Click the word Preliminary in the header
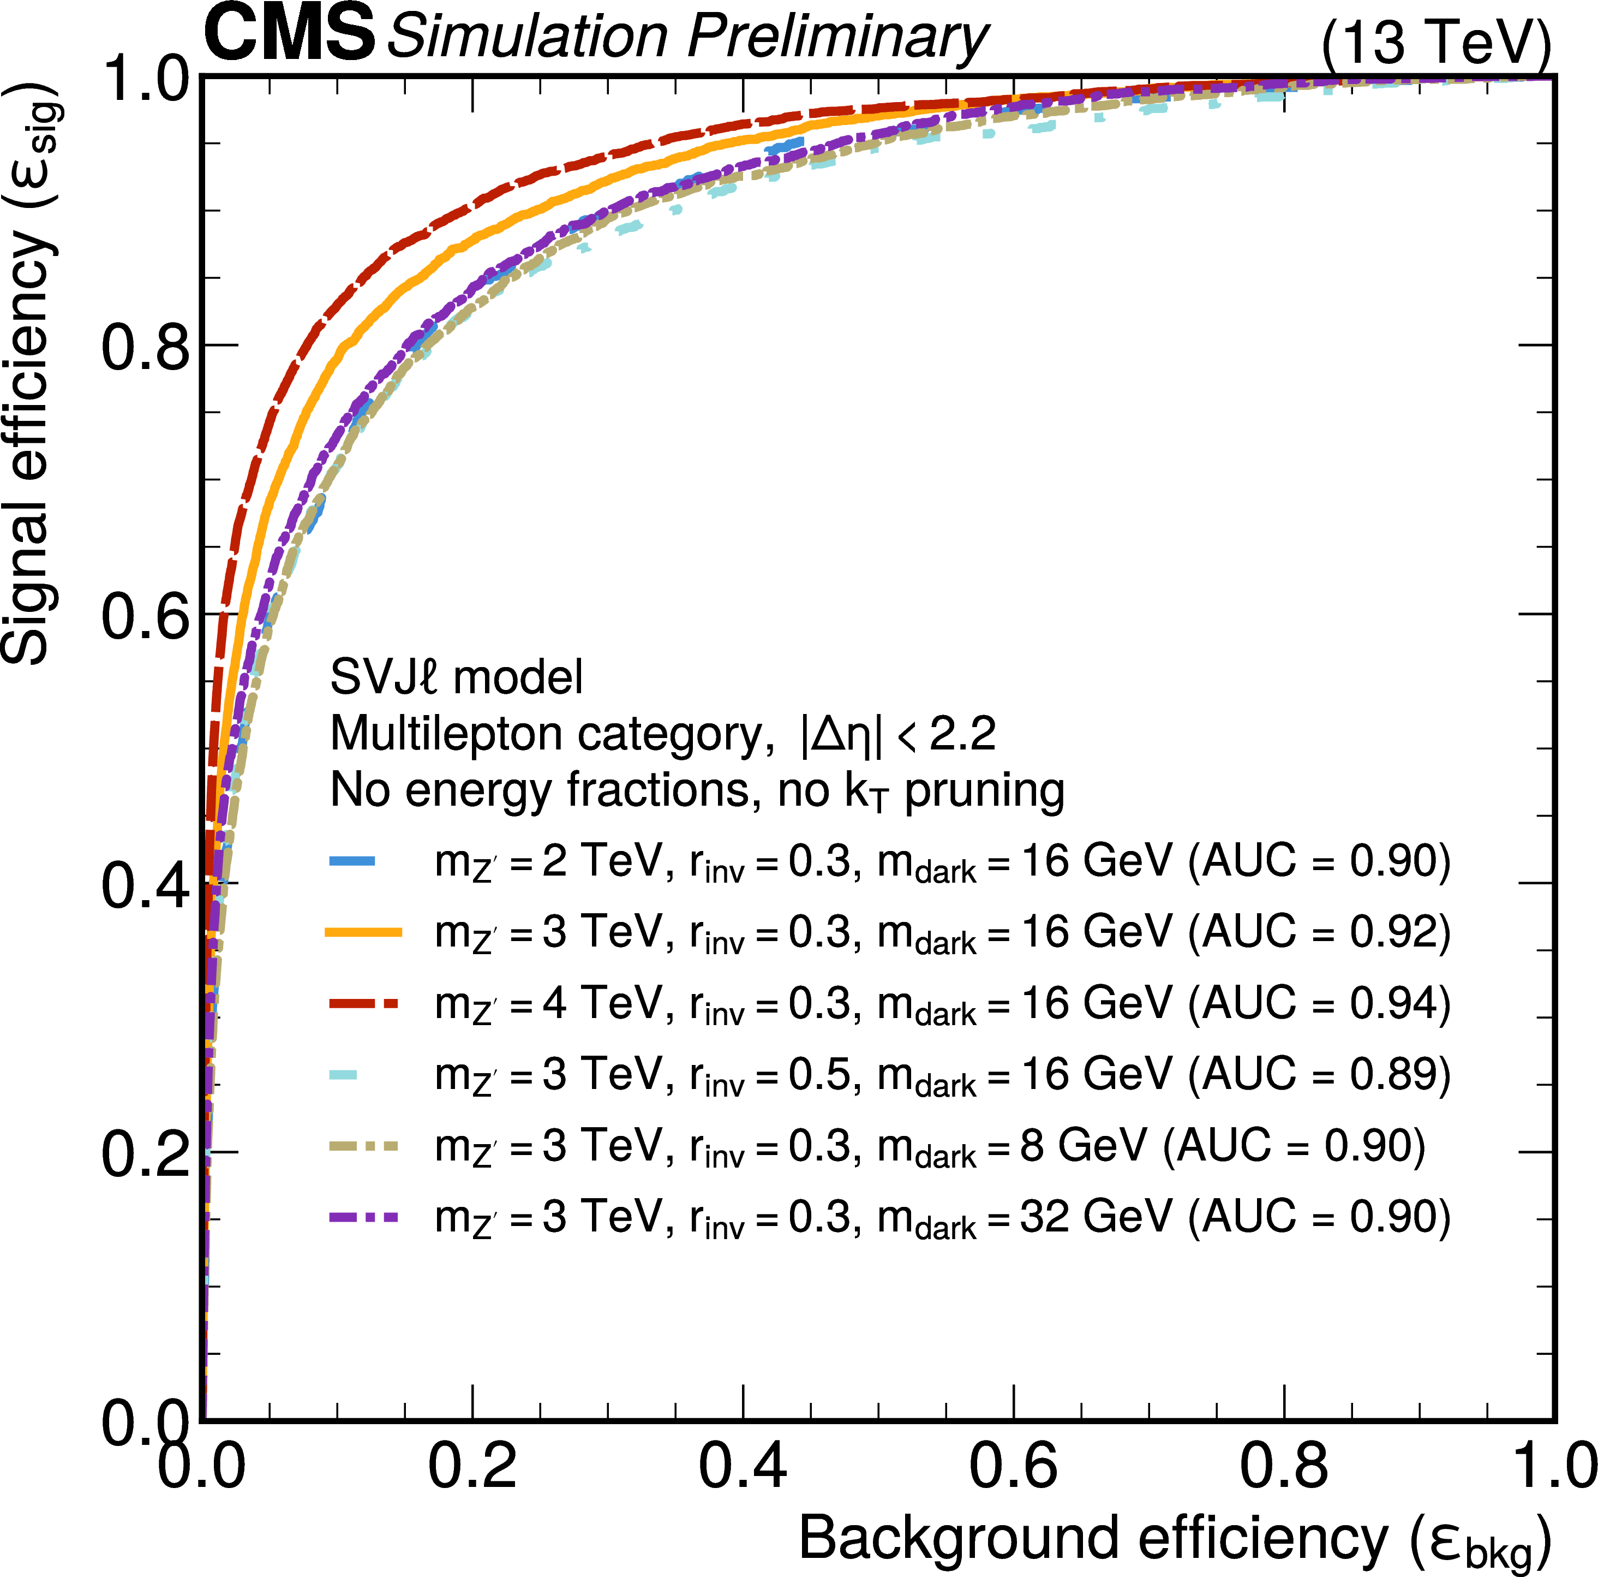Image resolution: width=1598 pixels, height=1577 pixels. [x=837, y=37]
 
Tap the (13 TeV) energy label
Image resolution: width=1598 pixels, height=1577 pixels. [x=1435, y=43]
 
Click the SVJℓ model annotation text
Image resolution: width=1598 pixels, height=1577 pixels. [x=456, y=677]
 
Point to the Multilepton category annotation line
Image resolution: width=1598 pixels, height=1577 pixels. [x=662, y=734]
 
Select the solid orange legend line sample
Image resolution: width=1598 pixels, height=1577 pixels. [x=364, y=932]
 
